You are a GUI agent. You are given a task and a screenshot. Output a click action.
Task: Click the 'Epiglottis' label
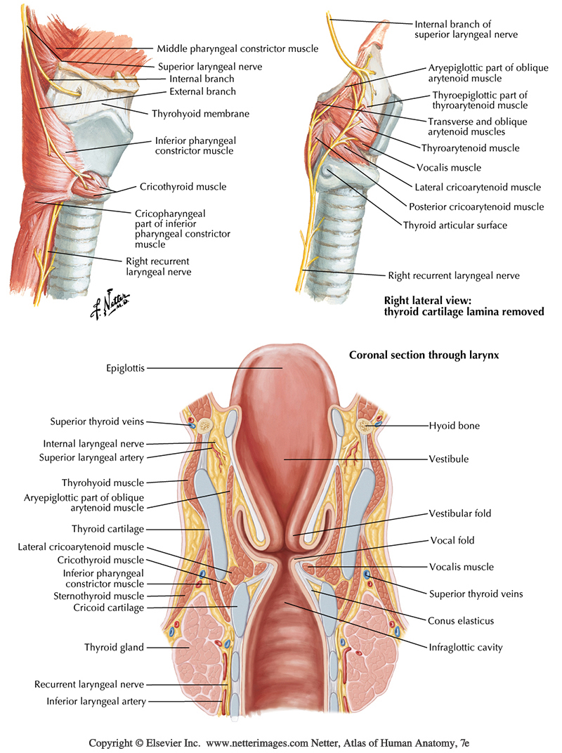pos(126,367)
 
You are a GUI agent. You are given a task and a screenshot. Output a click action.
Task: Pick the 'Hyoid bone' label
pos(455,425)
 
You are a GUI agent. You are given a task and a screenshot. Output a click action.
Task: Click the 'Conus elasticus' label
pos(461,620)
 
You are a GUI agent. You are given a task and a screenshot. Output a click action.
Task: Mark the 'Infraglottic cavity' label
pos(466,648)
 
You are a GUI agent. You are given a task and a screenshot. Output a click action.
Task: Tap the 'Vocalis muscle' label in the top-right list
pos(449,167)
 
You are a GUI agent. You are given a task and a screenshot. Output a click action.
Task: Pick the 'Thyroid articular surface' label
pos(455,225)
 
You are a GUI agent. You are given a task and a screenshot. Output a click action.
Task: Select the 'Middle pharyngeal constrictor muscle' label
pos(237,48)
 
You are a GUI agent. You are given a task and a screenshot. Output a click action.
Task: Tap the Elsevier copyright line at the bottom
pos(280,742)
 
